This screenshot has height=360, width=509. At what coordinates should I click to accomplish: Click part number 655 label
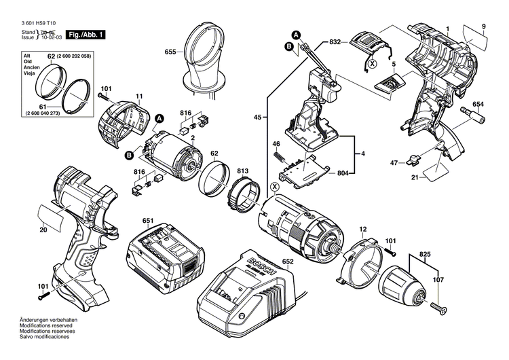170,52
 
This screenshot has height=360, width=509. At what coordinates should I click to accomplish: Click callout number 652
288,261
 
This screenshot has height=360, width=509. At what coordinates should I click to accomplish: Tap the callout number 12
363,230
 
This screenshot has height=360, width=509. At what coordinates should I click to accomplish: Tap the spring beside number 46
279,156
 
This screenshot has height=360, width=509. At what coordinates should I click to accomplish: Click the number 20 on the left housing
43,230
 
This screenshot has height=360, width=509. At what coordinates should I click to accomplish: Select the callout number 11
138,96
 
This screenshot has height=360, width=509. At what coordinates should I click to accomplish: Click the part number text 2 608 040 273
52,114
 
